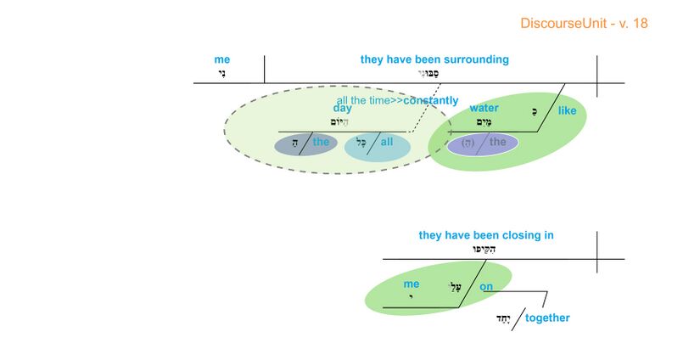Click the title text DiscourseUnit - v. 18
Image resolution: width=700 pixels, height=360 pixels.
point(584,23)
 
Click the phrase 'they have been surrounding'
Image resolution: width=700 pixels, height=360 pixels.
point(434,59)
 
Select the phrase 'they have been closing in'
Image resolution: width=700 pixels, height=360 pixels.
point(485,235)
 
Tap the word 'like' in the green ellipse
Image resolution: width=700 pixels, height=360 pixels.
point(567,110)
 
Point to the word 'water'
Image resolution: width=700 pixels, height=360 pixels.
point(484,109)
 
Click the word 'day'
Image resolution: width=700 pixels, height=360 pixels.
point(343,109)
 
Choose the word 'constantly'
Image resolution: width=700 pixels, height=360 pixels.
point(431,100)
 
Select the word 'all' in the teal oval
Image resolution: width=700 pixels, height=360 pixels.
point(387,142)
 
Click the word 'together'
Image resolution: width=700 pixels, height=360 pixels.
point(547,318)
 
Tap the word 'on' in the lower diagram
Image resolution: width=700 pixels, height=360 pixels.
point(486,286)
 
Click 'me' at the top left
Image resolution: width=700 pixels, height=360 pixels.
point(222,59)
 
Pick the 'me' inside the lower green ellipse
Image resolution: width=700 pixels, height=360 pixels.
point(412,284)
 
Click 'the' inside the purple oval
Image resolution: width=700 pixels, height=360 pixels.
point(498,142)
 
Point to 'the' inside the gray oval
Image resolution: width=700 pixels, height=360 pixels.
point(321,142)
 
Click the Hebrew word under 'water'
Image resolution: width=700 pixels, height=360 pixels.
point(484,121)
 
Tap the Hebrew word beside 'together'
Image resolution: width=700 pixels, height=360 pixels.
point(504,318)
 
